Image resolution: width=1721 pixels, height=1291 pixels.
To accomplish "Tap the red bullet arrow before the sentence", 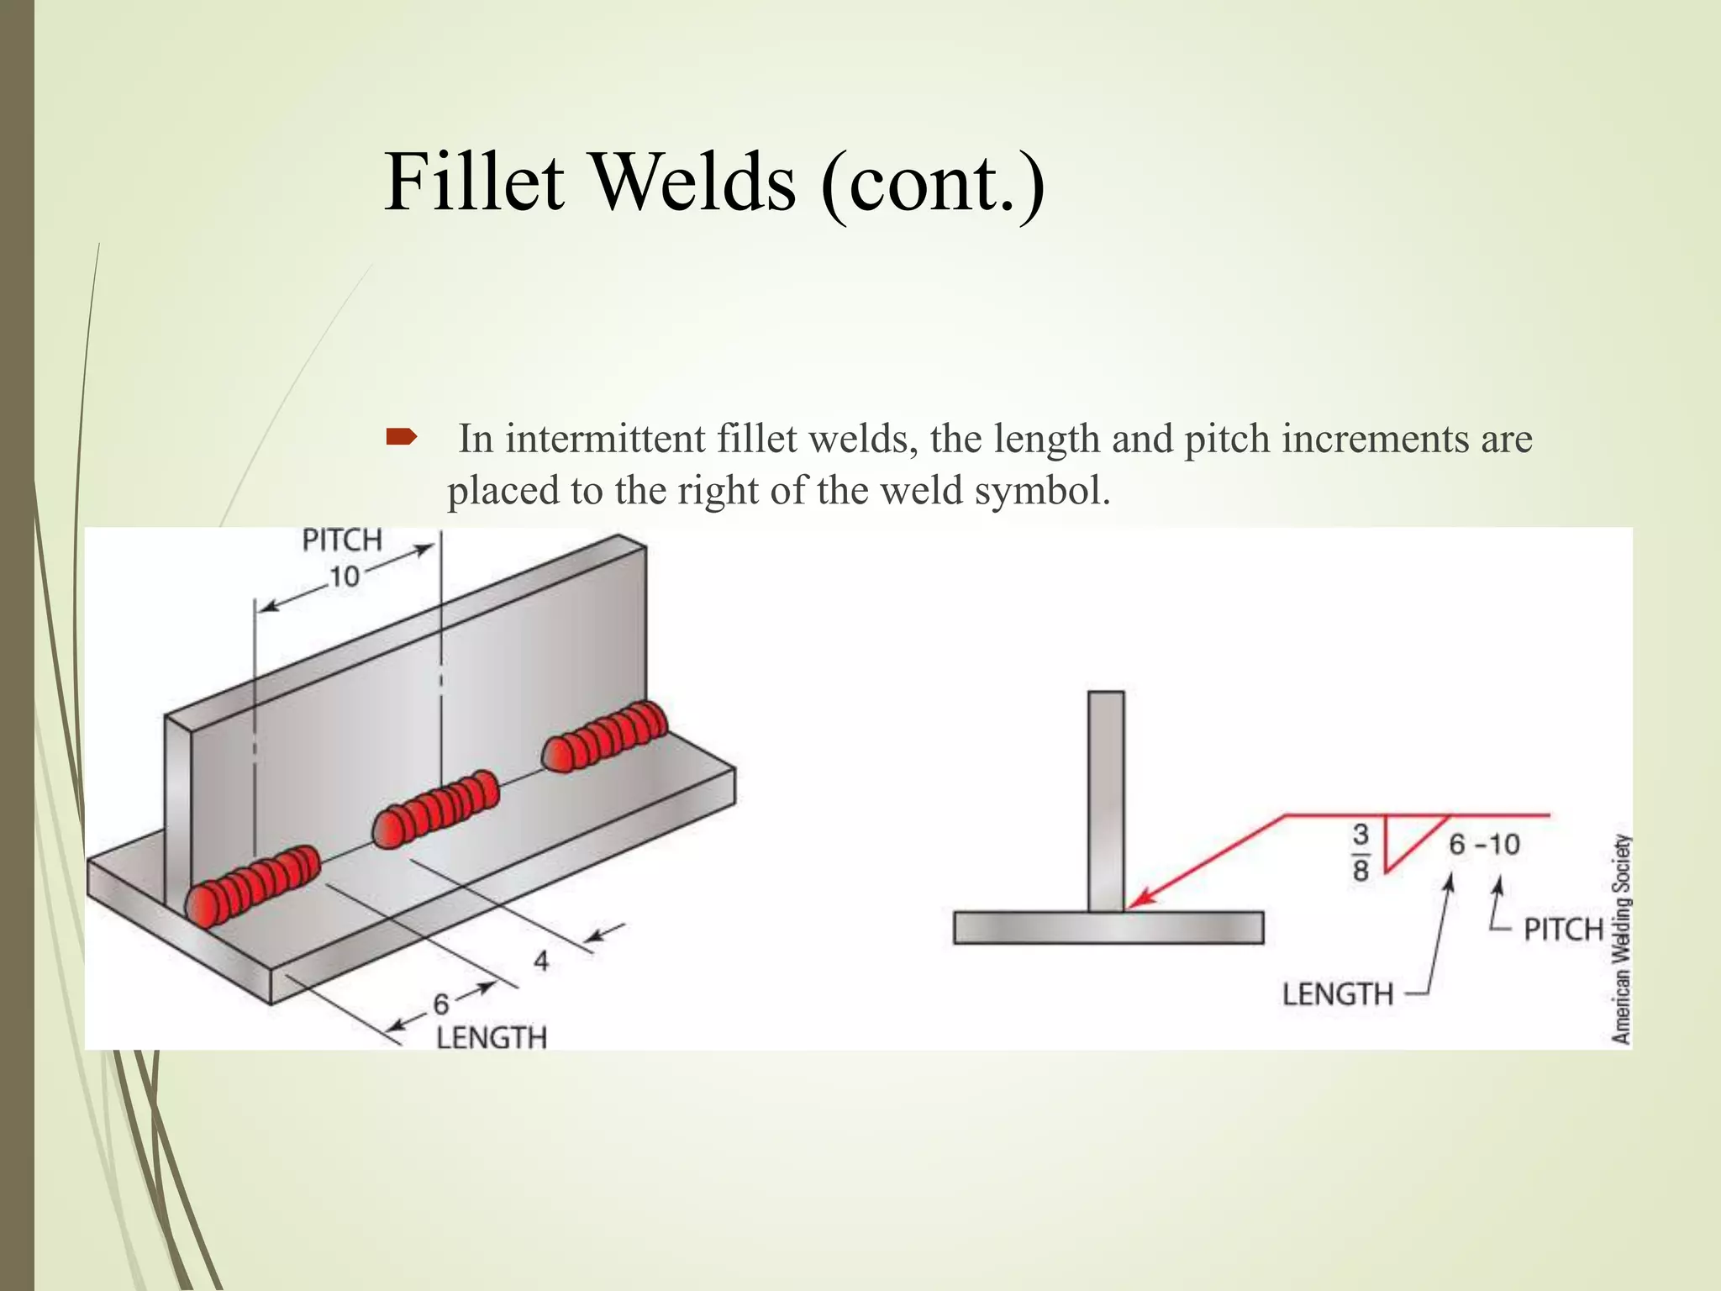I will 401,436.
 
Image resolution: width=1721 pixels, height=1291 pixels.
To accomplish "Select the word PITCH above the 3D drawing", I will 342,540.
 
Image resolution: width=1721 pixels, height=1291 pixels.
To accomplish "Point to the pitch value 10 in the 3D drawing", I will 344,577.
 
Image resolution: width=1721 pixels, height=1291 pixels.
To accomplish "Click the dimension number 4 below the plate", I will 541,961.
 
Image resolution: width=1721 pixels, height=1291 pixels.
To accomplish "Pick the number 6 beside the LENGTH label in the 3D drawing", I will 441,1004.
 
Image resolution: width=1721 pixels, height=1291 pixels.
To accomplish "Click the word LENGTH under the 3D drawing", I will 492,1038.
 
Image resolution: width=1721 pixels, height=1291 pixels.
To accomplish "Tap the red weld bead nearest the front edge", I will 252,885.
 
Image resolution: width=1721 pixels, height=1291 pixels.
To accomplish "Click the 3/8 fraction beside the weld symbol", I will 1360,852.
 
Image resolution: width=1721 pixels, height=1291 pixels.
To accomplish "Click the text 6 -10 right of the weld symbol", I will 1485,845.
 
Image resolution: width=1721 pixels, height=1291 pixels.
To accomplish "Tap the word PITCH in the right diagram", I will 1564,930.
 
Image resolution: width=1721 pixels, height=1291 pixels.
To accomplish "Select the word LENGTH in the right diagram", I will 1338,995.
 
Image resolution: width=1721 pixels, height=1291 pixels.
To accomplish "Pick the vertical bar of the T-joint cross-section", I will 1106,798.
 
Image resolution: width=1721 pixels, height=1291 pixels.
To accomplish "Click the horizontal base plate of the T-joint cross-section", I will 1108,928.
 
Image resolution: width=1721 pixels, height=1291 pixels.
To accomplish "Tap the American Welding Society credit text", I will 1621,939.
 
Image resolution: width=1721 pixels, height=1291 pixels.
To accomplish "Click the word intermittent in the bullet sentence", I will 605,439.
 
